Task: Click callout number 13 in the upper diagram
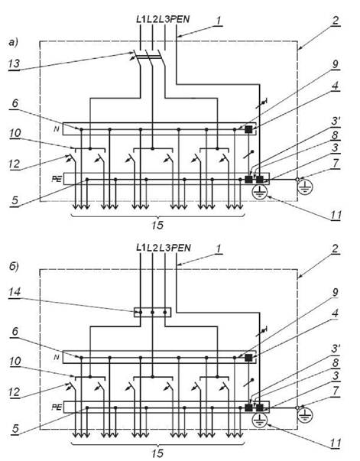(x=14, y=63)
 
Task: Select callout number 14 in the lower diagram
(x=15, y=292)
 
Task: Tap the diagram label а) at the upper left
(x=13, y=43)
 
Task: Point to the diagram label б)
(x=13, y=267)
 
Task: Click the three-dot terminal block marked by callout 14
(x=153, y=312)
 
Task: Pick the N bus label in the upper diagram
(x=57, y=128)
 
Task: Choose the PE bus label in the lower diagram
(x=57, y=407)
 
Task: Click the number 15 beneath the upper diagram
(x=157, y=226)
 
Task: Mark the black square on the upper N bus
(x=248, y=129)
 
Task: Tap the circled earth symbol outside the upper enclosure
(x=305, y=187)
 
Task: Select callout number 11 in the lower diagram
(x=336, y=443)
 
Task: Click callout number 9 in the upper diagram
(x=336, y=63)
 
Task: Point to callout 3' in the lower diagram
(x=336, y=349)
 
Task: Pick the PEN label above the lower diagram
(x=180, y=248)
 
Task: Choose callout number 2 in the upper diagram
(x=336, y=20)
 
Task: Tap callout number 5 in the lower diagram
(x=15, y=429)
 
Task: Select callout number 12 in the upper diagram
(x=14, y=164)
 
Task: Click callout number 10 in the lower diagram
(x=15, y=361)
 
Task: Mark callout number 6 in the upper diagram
(x=15, y=103)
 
